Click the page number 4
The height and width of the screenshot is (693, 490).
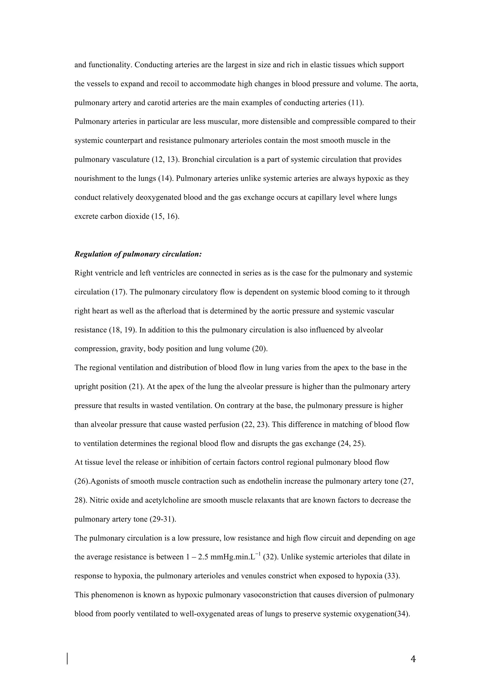click(413, 659)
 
